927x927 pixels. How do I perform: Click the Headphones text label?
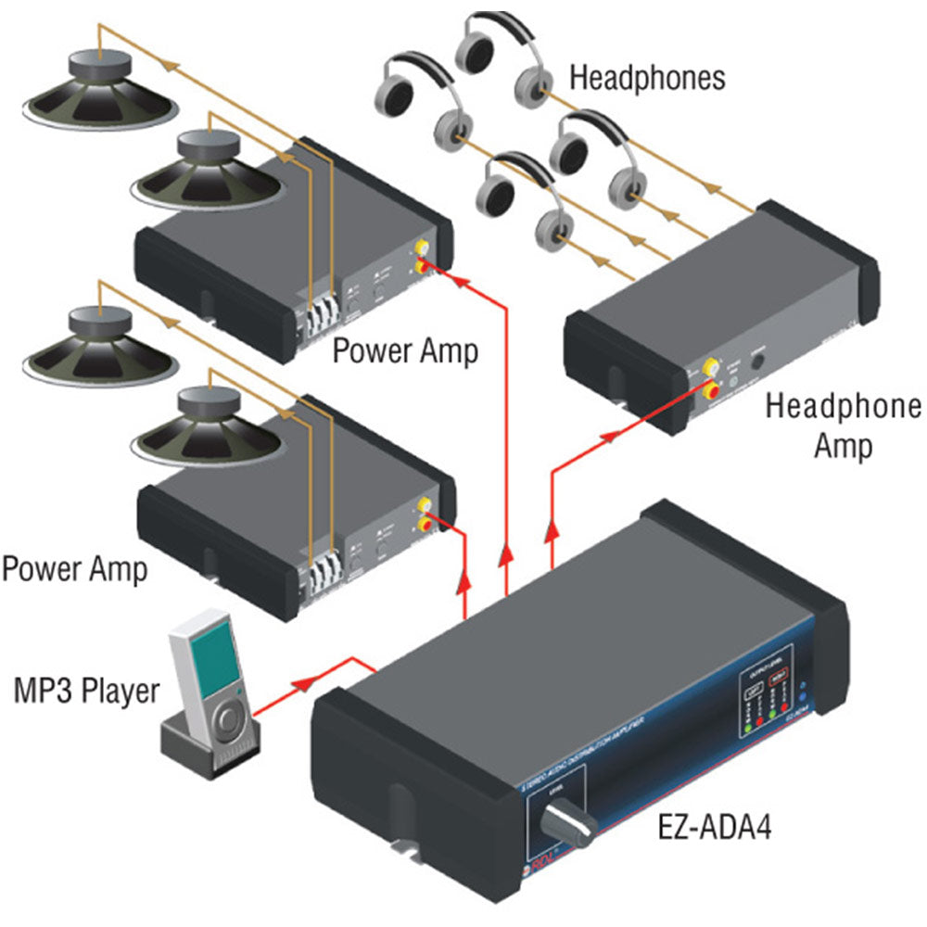[x=646, y=77]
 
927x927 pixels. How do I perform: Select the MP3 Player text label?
[x=86, y=691]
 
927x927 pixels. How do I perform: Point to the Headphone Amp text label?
[x=843, y=425]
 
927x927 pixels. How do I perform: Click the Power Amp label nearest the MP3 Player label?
[x=74, y=567]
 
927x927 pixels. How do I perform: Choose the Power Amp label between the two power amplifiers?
[x=405, y=350]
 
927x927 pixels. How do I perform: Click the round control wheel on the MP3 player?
[x=228, y=720]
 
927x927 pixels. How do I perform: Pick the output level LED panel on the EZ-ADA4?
[x=767, y=700]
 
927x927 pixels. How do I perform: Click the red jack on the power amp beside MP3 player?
[x=427, y=526]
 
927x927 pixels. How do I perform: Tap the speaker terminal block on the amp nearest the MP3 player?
[x=321, y=562]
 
